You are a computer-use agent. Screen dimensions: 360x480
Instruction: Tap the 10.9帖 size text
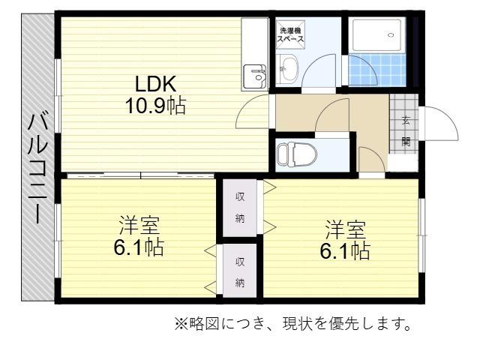coord(155,105)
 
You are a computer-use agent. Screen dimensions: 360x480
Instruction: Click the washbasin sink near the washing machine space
coord(288,71)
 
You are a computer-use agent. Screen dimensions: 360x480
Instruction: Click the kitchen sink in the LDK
coord(257,74)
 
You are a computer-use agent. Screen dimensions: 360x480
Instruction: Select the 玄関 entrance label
coord(406,130)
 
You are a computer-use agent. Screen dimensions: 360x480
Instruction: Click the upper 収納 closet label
coord(240,208)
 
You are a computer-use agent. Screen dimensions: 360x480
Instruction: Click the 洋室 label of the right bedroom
coord(345,228)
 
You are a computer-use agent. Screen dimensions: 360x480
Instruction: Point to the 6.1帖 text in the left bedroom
coord(139,247)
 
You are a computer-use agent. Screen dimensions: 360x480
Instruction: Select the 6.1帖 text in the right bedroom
coord(345,250)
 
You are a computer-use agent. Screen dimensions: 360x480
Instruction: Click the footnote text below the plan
coord(293,325)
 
